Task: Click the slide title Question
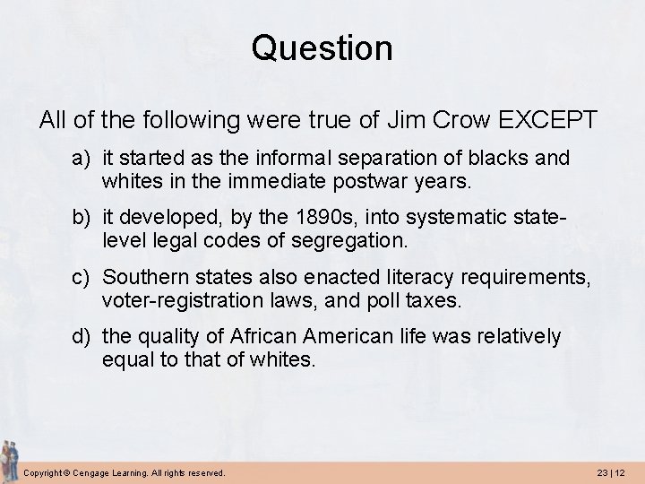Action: (x=322, y=48)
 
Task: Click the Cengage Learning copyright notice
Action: (x=125, y=471)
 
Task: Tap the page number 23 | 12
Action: (x=610, y=471)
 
